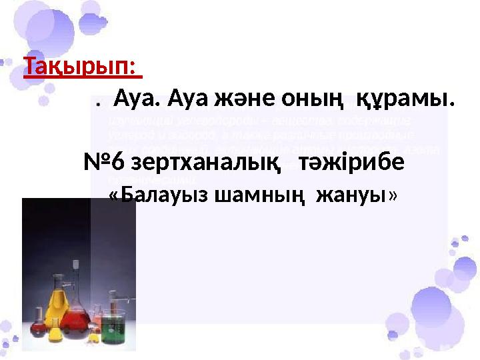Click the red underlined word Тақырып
(77, 67)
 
